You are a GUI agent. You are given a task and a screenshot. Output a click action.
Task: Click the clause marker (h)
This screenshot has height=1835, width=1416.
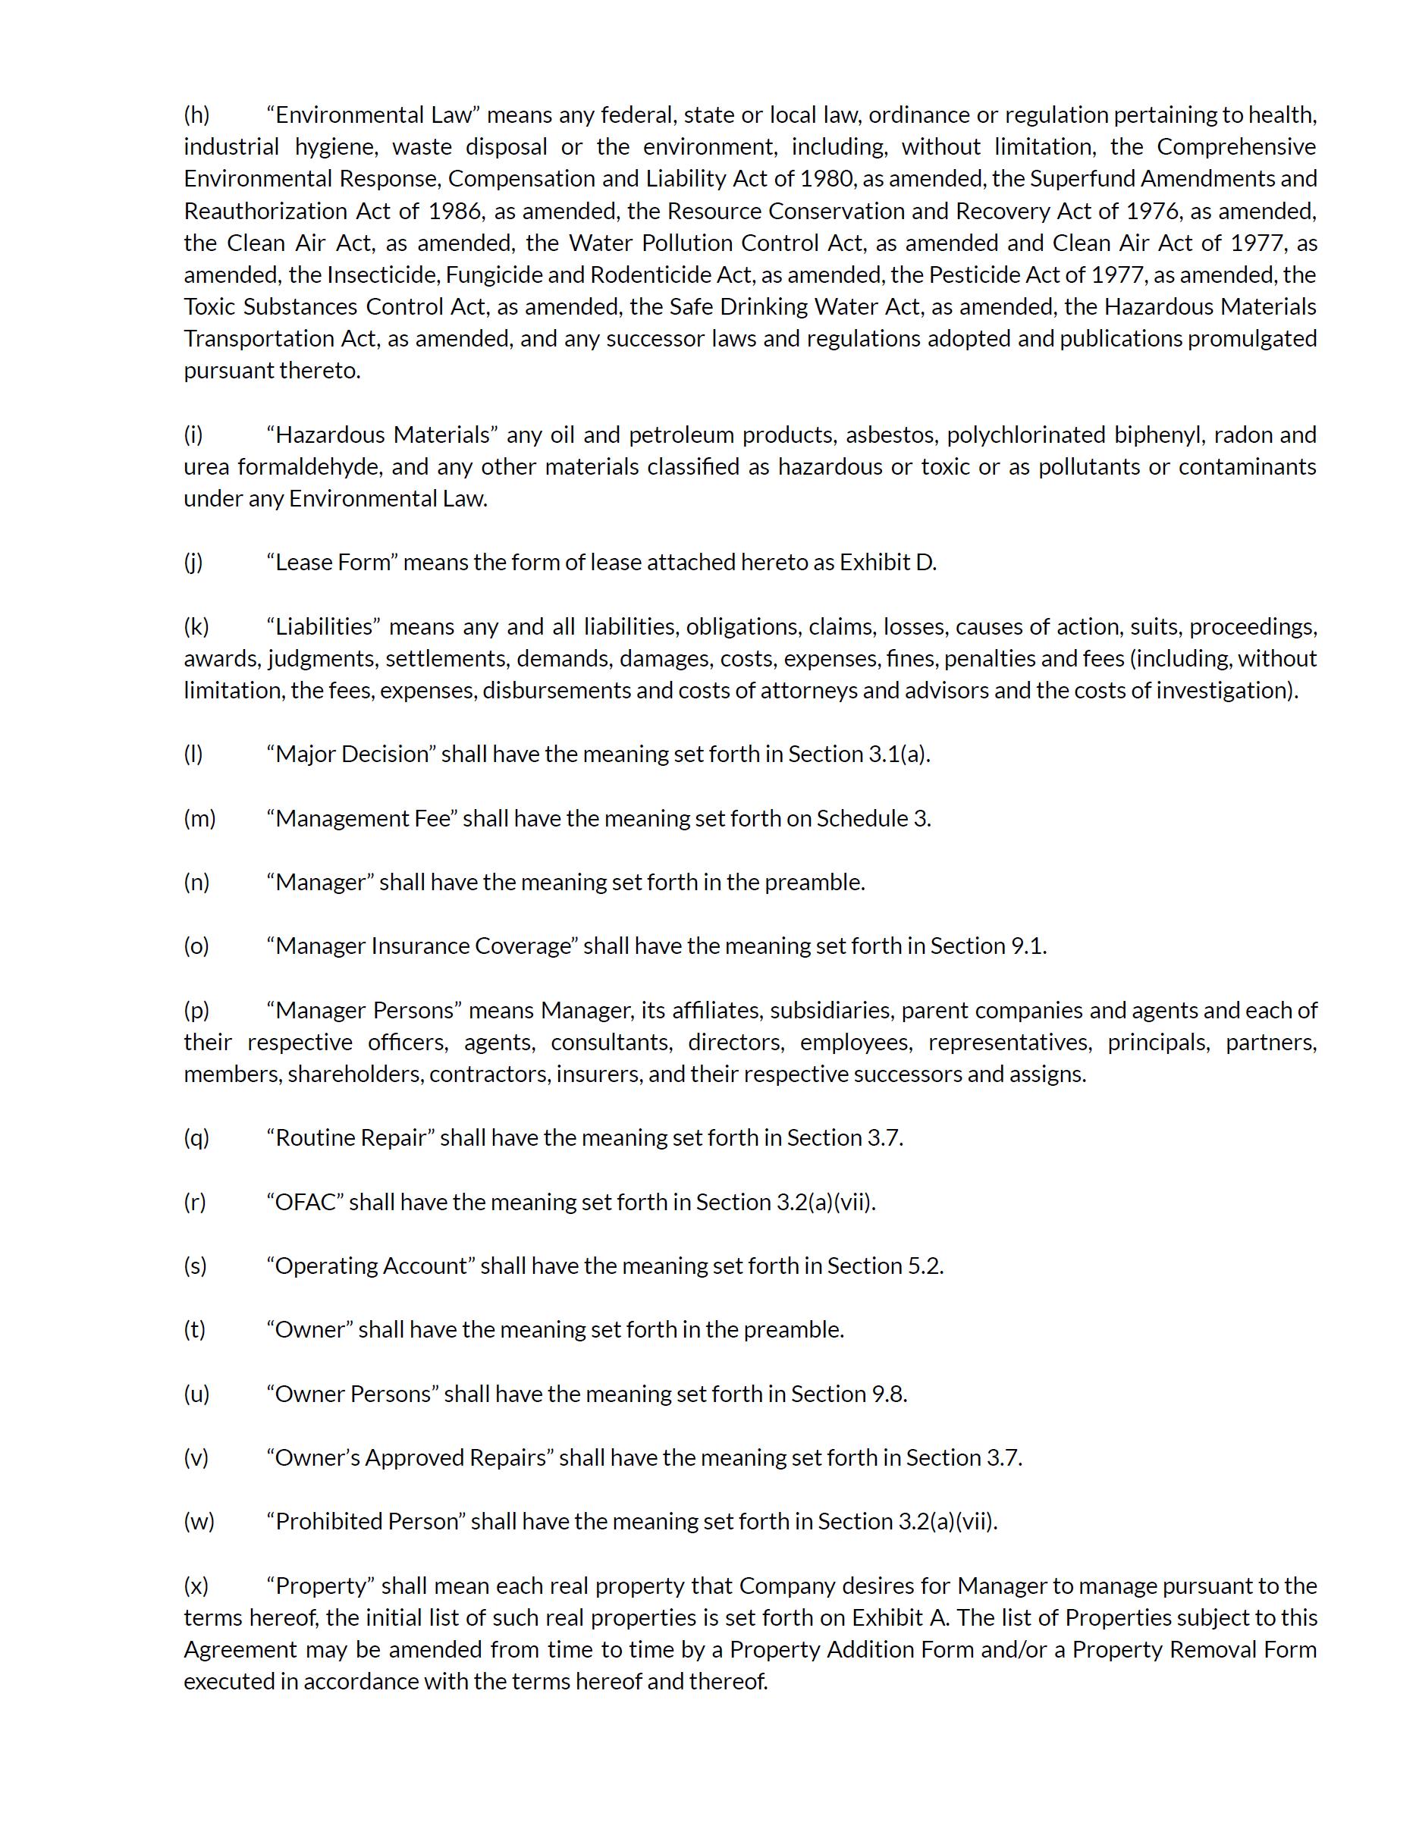(196, 114)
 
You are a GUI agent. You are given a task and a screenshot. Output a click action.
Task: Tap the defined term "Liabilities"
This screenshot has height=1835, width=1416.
(325, 627)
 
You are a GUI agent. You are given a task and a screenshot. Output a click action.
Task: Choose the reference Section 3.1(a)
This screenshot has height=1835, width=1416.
(858, 754)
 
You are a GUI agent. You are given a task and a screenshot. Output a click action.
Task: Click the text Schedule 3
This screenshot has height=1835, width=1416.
(873, 818)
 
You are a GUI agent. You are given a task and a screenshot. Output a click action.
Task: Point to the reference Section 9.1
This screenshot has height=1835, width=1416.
(987, 946)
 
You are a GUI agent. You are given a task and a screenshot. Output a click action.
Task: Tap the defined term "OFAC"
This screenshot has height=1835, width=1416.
(305, 1203)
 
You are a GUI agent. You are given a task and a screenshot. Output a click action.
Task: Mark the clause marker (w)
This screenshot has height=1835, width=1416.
(198, 1522)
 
